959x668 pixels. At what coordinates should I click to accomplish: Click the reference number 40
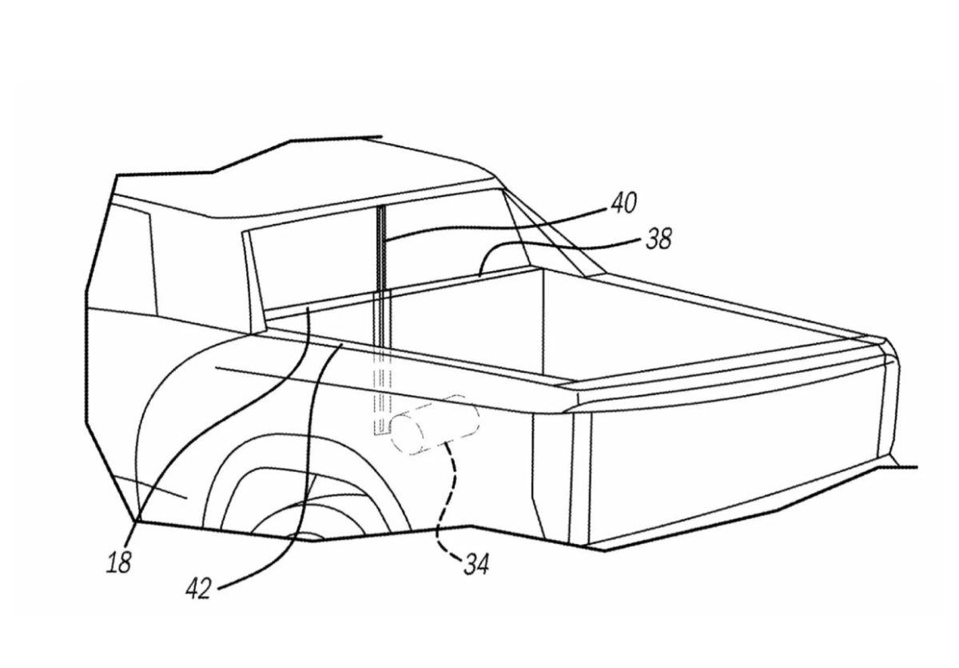(x=624, y=202)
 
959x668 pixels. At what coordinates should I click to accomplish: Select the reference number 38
(x=659, y=238)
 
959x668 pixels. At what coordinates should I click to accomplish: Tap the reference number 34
(x=476, y=565)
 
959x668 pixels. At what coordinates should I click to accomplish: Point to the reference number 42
(x=199, y=589)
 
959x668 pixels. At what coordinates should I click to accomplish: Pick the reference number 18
(x=119, y=563)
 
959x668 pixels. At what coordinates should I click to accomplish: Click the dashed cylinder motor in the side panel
(x=435, y=424)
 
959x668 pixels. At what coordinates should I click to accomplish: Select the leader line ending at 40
(x=492, y=226)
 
